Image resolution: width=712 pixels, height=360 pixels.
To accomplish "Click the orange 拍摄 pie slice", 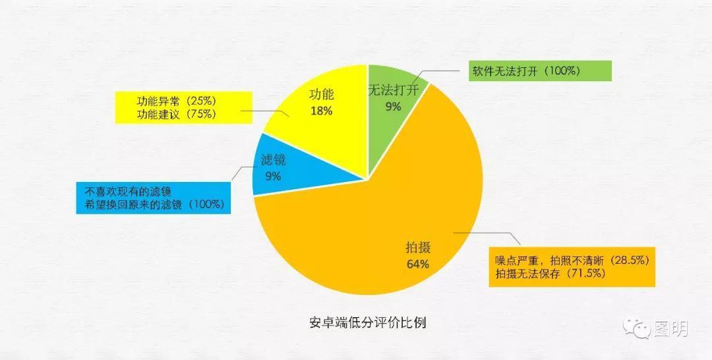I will (369, 218).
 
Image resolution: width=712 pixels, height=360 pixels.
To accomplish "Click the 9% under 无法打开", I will (394, 106).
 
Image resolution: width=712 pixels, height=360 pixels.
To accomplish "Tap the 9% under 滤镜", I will (272, 176).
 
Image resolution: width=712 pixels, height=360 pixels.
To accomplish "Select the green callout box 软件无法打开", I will (539, 71).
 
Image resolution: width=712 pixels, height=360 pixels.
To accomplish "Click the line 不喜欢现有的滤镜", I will (129, 192).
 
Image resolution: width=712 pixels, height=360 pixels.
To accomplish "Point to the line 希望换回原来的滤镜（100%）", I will (154, 204).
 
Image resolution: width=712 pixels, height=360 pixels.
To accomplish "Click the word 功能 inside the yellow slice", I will (322, 95).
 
